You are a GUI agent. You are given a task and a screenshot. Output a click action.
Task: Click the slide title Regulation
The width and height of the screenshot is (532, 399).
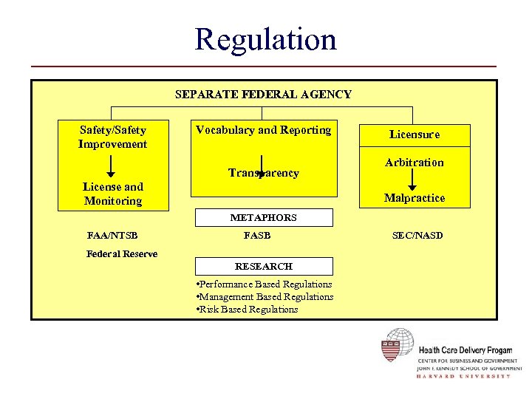tap(265, 38)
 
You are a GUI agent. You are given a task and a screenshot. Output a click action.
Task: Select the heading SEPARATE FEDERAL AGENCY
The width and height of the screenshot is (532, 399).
tap(263, 95)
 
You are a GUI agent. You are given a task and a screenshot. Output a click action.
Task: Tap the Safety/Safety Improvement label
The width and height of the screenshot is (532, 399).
tap(112, 137)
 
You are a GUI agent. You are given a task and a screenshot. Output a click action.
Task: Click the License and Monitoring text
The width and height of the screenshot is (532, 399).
tap(113, 194)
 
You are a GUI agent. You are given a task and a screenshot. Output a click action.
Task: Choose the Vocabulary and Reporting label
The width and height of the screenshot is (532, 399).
tap(263, 130)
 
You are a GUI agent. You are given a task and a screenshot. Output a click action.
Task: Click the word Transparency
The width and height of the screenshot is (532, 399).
tap(264, 173)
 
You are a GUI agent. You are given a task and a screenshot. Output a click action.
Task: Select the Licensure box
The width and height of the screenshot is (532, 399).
tap(414, 134)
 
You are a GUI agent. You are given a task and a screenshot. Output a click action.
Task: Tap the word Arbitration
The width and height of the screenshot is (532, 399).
tap(414, 163)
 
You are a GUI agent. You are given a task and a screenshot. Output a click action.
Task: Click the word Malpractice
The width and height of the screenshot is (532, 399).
tap(414, 198)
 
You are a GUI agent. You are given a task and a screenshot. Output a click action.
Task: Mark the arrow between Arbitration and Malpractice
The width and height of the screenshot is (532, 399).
tap(414, 180)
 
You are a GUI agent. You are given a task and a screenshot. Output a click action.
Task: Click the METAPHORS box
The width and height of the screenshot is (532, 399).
tap(263, 218)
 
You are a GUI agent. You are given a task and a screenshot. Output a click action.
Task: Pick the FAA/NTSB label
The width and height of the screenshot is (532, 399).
tap(112, 236)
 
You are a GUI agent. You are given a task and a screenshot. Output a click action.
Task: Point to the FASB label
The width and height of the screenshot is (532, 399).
tap(257, 236)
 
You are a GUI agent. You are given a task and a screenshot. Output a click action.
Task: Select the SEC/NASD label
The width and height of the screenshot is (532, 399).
tap(417, 236)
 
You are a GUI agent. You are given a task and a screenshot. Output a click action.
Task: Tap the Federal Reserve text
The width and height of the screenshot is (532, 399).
tap(122, 253)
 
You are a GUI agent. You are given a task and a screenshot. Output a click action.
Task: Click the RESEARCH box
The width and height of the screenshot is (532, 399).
tap(263, 266)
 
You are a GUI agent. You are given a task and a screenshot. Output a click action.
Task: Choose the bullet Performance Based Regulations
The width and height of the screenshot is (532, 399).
tap(264, 284)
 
